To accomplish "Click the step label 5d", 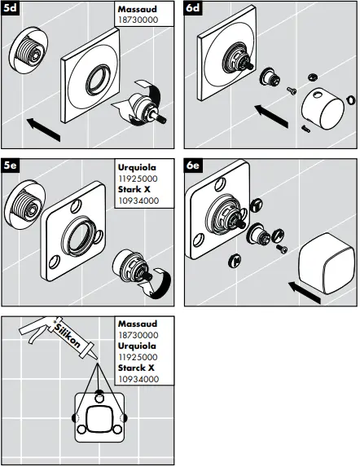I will point(11,9).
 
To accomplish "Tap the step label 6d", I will point(194,9).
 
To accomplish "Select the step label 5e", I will point(11,165).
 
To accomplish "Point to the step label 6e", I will point(194,165).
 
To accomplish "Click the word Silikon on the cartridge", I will point(66,332).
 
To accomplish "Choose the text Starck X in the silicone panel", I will point(136,368).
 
